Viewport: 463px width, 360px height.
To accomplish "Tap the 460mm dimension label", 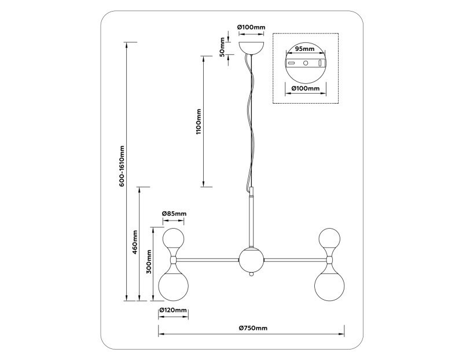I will pyautogui.click(x=135, y=243).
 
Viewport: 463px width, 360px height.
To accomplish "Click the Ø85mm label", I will pyautogui.click(x=174, y=214).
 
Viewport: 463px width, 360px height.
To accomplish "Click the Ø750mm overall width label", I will pyautogui.click(x=253, y=328).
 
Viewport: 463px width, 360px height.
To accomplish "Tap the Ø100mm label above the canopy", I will pyautogui.click(x=251, y=27).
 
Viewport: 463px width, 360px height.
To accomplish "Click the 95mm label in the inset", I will pyautogui.click(x=304, y=49).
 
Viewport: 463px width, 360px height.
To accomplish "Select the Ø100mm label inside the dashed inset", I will pyautogui.click(x=305, y=89).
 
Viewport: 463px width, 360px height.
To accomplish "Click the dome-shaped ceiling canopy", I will pyautogui.click(x=252, y=46).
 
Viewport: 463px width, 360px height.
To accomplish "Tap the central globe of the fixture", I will pyautogui.click(x=251, y=260).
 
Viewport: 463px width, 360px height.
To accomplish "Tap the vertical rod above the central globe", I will pyautogui.click(x=251, y=220).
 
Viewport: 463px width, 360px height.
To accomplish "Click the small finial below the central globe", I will pyautogui.click(x=251, y=277).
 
